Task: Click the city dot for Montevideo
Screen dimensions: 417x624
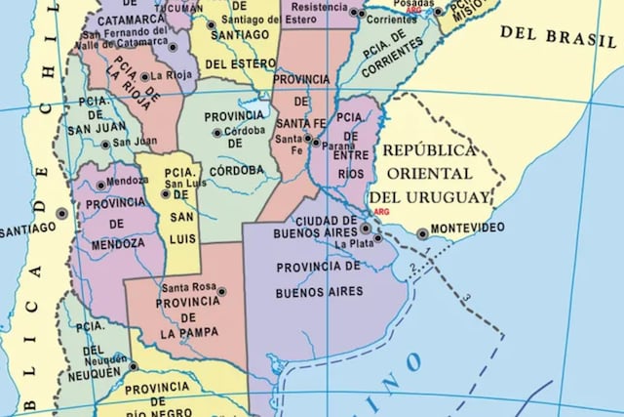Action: pyautogui.click(x=422, y=233)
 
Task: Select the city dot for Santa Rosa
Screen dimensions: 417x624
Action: pyautogui.click(x=221, y=291)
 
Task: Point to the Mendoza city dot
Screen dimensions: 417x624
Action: pyautogui.click(x=100, y=185)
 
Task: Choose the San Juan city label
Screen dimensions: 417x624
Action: pyautogui.click(x=136, y=142)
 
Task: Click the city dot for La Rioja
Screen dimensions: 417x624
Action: pyautogui.click(x=144, y=76)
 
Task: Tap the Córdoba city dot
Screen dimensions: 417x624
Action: pyautogui.click(x=216, y=133)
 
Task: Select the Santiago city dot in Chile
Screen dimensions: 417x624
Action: pyautogui.click(x=61, y=213)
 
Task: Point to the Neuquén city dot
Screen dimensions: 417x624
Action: pyautogui.click(x=133, y=367)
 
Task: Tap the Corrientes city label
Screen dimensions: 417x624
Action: pyautogui.click(x=391, y=19)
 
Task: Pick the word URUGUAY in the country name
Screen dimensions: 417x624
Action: pyautogui.click(x=449, y=198)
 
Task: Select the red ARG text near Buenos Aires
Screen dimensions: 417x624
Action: pyautogui.click(x=381, y=211)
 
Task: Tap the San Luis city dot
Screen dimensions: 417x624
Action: pyautogui.click(x=165, y=193)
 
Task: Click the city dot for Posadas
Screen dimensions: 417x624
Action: pyautogui.click(x=438, y=12)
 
